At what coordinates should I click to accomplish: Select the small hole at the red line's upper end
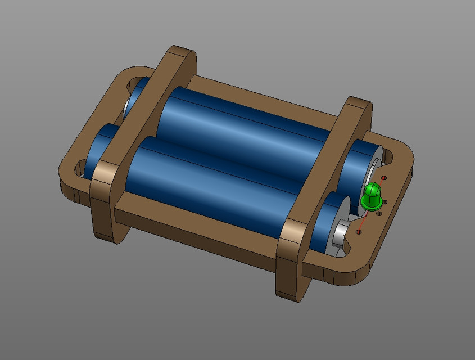click(x=384, y=178)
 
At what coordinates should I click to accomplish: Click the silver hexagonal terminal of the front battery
click(x=339, y=234)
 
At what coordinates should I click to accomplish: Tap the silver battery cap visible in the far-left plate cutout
click(x=128, y=105)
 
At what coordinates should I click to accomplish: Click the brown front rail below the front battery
click(x=197, y=225)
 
